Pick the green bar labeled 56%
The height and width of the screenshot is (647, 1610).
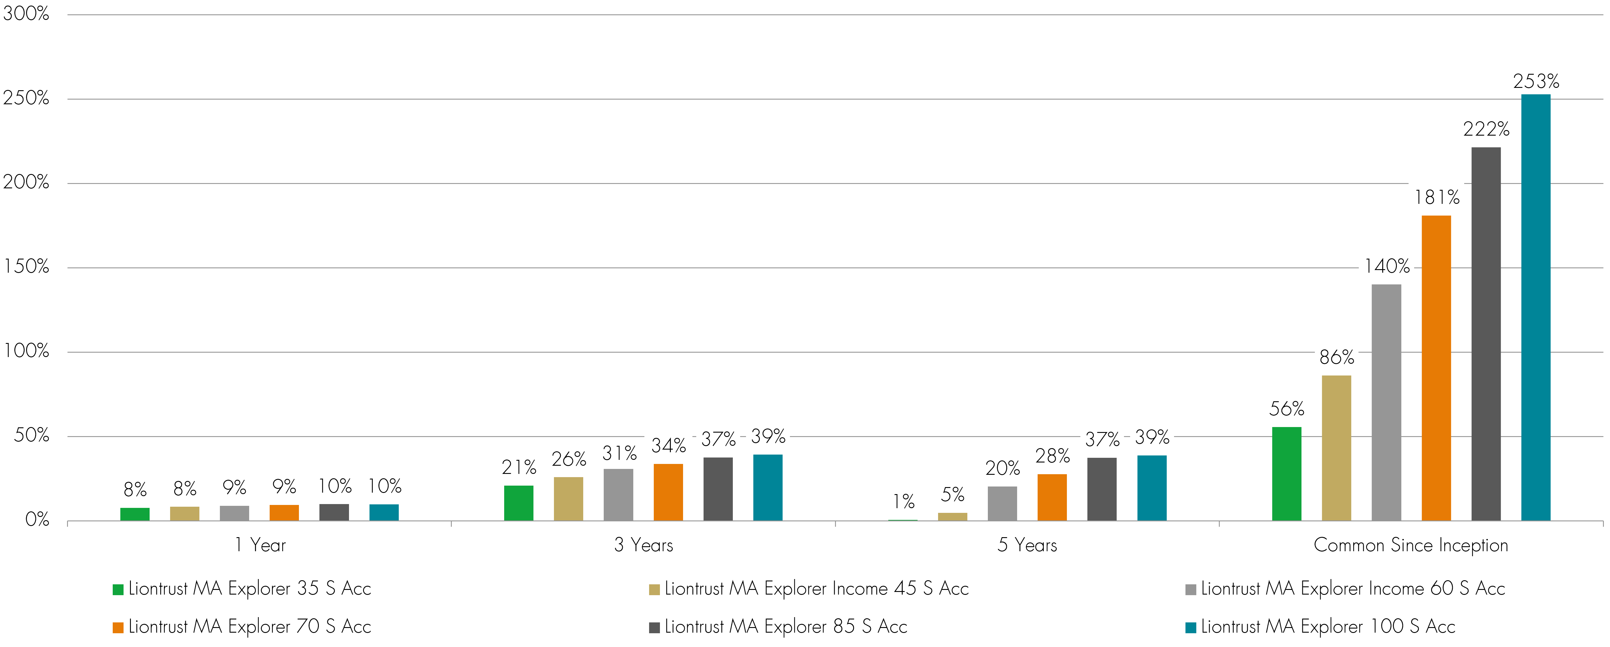[1286, 474]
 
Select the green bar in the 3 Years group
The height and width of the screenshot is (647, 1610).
[518, 503]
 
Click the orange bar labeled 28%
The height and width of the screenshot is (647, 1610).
[1052, 498]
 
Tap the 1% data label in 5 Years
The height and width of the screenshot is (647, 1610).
[903, 501]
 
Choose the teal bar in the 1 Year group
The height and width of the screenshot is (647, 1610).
[384, 513]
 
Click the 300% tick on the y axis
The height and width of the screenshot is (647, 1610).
[26, 14]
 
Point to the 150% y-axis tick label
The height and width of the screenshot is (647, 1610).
[26, 267]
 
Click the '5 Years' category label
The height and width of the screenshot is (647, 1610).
[1027, 545]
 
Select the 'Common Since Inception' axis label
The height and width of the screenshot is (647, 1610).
[1411, 545]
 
